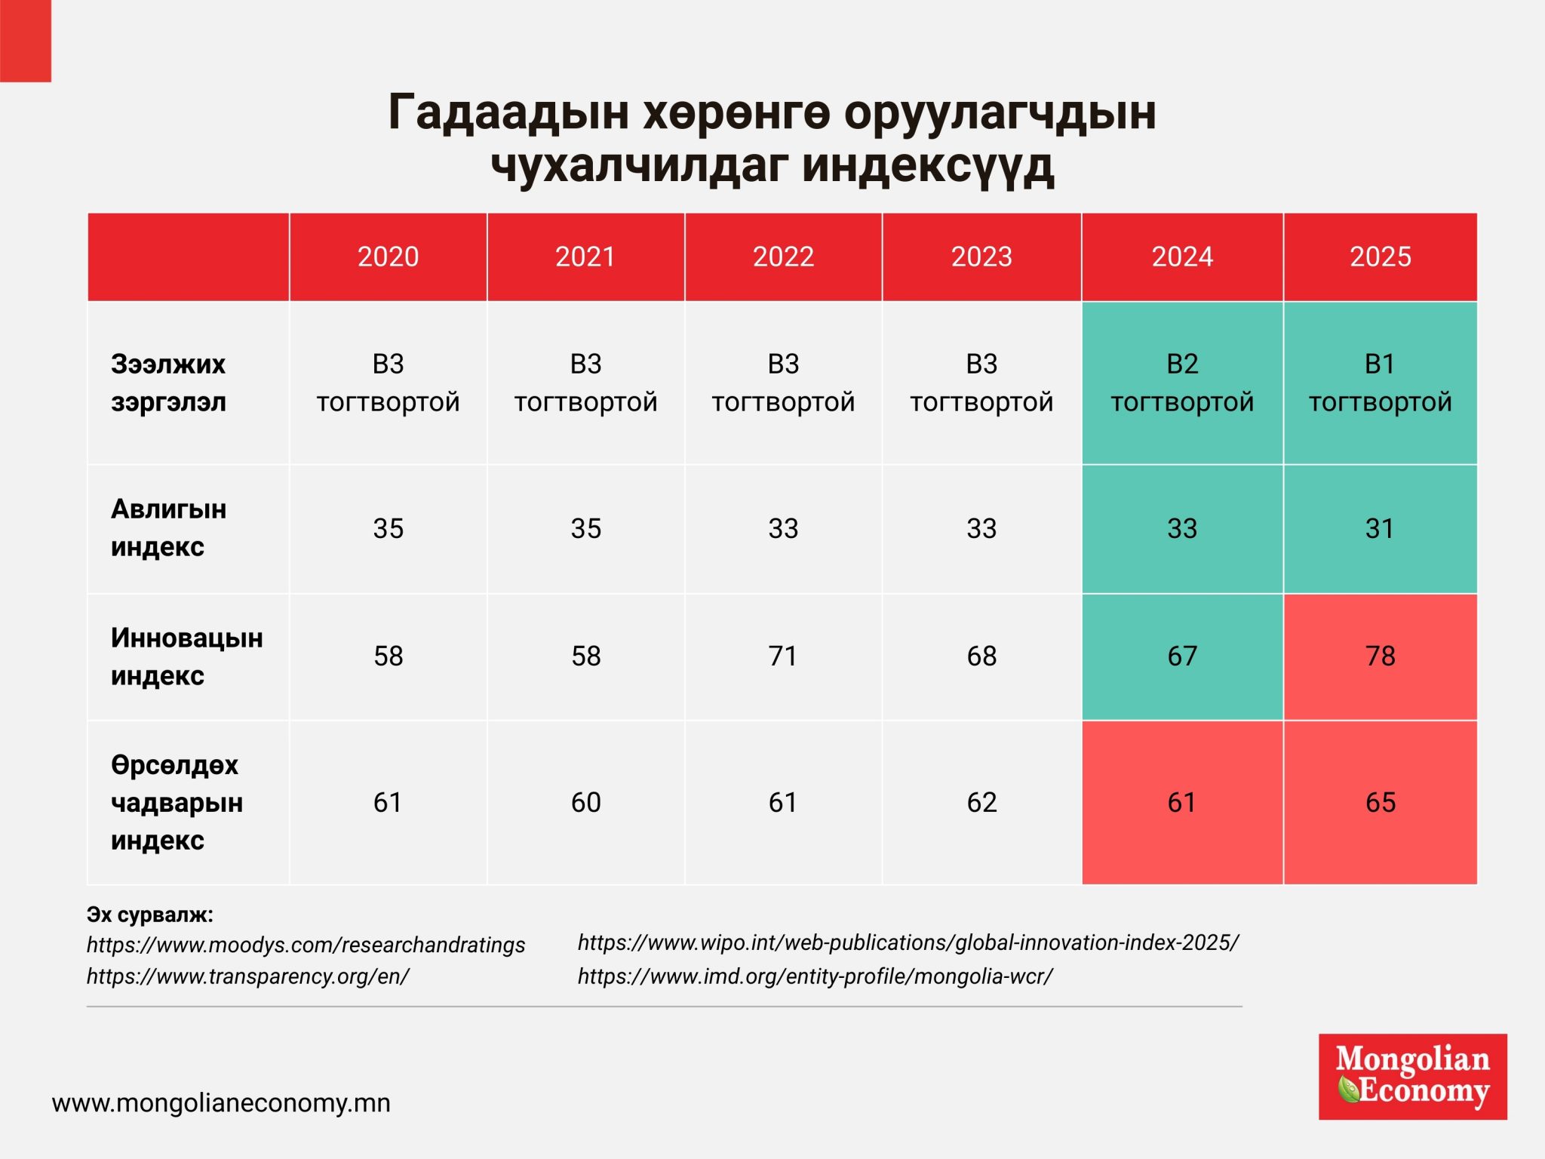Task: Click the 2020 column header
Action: point(388,257)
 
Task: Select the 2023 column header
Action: point(981,257)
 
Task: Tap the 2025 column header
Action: point(1380,257)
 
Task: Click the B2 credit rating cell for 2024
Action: point(1182,383)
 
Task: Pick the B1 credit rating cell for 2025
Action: point(1380,383)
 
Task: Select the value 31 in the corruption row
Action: point(1380,528)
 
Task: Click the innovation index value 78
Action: point(1380,656)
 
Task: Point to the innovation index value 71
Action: point(783,656)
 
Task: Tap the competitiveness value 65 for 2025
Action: point(1380,802)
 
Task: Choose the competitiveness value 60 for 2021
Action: point(585,802)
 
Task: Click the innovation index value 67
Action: point(1182,656)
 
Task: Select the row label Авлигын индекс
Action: point(168,528)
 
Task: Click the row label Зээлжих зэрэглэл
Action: point(168,383)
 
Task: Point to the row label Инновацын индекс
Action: point(186,656)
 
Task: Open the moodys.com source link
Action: point(306,945)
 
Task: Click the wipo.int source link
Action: point(908,942)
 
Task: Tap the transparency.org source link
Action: point(247,976)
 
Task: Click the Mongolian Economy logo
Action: point(1412,1076)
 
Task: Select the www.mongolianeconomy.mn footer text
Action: point(221,1103)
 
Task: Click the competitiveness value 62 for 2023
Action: point(981,802)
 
